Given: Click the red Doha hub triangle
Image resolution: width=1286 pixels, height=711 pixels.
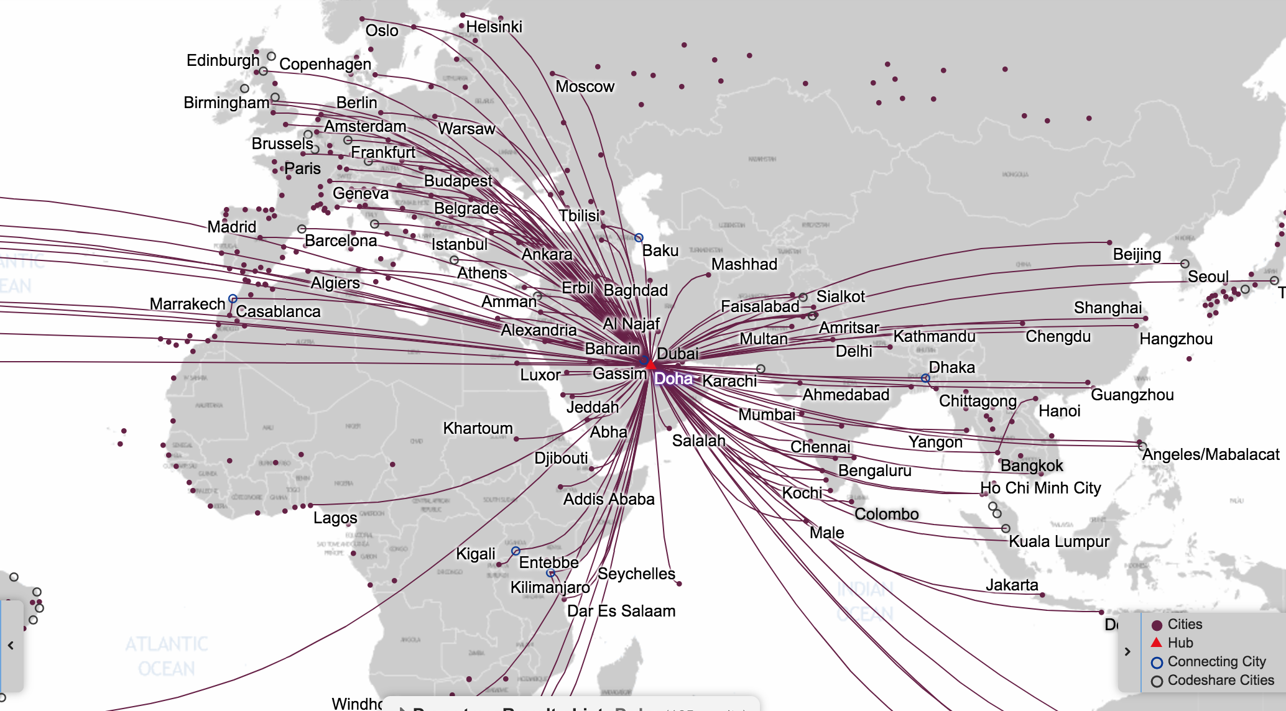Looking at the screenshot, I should click(650, 364).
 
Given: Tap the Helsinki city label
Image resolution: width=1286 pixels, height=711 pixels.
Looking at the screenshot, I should click(494, 27).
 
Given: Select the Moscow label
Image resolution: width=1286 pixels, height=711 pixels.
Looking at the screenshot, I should click(585, 86).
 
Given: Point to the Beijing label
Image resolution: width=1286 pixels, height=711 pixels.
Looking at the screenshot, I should click(1137, 254).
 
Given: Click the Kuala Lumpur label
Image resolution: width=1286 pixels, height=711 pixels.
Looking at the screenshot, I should click(1058, 541).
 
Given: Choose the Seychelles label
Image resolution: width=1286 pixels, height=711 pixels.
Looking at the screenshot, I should click(636, 574).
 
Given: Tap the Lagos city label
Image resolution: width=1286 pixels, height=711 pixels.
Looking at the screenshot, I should click(335, 518).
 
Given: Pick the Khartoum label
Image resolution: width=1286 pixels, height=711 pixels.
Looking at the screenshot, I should click(478, 428).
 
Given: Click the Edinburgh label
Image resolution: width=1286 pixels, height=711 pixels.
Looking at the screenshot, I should click(223, 60).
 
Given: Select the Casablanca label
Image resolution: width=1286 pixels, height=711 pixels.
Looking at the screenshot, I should click(278, 311).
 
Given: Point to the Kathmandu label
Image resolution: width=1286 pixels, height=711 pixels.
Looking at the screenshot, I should click(934, 336).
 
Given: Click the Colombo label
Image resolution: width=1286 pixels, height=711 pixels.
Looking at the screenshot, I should click(886, 514).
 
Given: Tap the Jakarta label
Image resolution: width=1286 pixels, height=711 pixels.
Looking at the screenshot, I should click(1012, 585).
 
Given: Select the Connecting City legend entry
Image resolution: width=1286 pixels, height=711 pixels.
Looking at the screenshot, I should click(1216, 661).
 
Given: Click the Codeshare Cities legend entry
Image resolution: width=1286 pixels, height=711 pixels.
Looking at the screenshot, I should click(1220, 680).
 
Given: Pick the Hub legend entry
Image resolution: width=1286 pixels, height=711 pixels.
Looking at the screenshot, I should click(1180, 643).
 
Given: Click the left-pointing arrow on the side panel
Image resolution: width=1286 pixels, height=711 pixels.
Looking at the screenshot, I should click(11, 646).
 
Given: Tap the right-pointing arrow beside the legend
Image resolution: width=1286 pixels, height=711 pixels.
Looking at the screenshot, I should click(1127, 651).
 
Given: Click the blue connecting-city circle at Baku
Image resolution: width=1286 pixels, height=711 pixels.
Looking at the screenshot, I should click(639, 238).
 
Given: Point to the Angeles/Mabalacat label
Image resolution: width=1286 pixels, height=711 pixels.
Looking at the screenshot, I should click(1211, 454).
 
